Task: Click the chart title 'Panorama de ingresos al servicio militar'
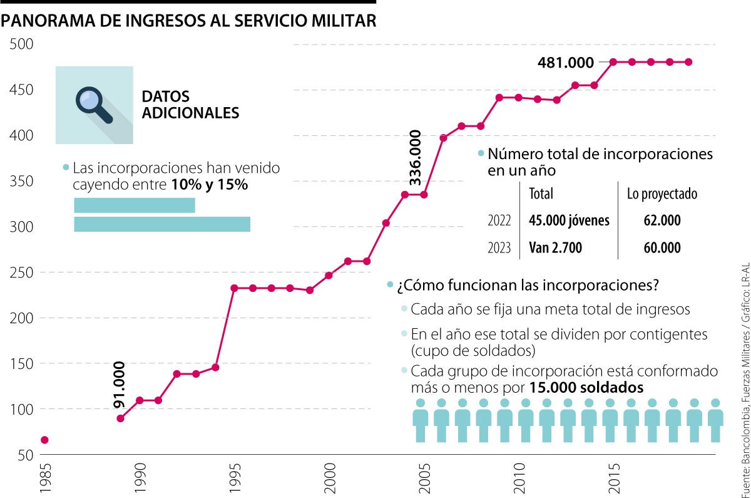tap(189, 22)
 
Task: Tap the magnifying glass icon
tap(93, 105)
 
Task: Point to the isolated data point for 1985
tap(44, 440)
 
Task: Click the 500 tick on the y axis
tap(20, 45)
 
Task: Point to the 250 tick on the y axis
tap(20, 273)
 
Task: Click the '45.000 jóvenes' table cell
tap(569, 220)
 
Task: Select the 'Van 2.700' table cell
tap(555, 248)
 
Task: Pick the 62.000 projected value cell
tap(662, 220)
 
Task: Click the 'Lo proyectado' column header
tap(662, 194)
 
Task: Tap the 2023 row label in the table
tap(499, 248)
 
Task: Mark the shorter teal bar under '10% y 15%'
tap(135, 205)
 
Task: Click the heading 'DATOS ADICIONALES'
tap(190, 105)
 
